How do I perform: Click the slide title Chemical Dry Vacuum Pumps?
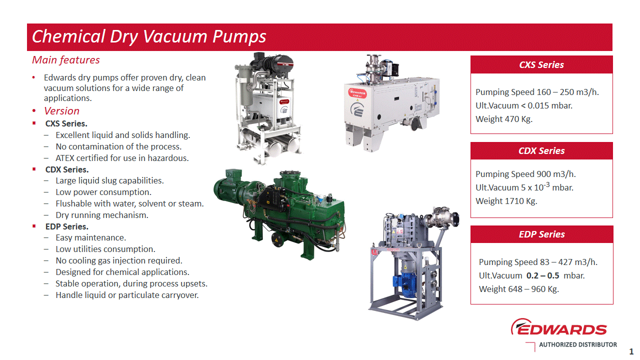click(x=149, y=36)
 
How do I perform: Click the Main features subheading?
click(x=66, y=60)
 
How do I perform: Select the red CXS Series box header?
click(x=541, y=64)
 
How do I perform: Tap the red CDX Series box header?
click(x=541, y=151)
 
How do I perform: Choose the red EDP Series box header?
click(x=541, y=234)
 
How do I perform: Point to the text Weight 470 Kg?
click(x=504, y=119)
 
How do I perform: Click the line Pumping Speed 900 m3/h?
click(x=522, y=174)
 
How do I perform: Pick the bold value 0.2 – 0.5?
click(x=543, y=275)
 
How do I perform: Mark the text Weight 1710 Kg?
click(x=506, y=201)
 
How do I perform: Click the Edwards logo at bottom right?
click(x=558, y=328)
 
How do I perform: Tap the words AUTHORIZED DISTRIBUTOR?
click(x=577, y=344)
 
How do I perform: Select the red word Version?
click(x=61, y=111)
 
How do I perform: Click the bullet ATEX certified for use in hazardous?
click(x=122, y=158)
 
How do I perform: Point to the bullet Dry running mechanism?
click(x=102, y=215)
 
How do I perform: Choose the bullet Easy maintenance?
click(x=90, y=237)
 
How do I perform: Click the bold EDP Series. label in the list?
click(x=66, y=226)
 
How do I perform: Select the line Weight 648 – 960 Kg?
click(x=518, y=289)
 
